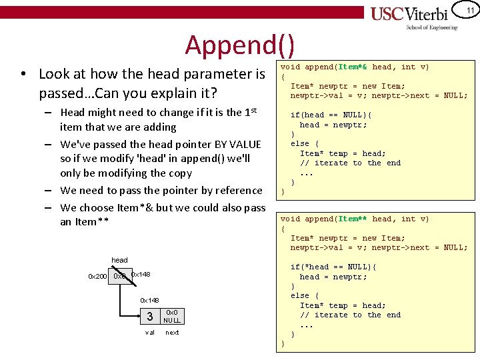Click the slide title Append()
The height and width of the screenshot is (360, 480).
point(239,45)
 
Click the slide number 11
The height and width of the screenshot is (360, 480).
point(469,11)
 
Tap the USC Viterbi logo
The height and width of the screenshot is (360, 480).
point(413,14)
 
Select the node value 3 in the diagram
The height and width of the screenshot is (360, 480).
point(150,316)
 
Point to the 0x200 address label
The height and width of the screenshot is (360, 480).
point(97,276)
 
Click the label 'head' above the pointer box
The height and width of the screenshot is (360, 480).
point(120,260)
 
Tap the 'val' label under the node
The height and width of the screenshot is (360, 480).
point(150,332)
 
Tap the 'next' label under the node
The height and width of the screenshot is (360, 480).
point(172,332)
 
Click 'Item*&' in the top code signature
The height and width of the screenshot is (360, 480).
point(353,67)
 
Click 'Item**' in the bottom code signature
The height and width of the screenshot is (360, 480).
point(353,219)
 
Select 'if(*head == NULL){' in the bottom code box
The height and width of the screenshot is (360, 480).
point(333,267)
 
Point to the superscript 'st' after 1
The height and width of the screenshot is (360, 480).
point(254,109)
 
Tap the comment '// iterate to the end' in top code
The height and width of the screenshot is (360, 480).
point(350,163)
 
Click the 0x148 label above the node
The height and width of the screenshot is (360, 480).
point(149,300)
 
